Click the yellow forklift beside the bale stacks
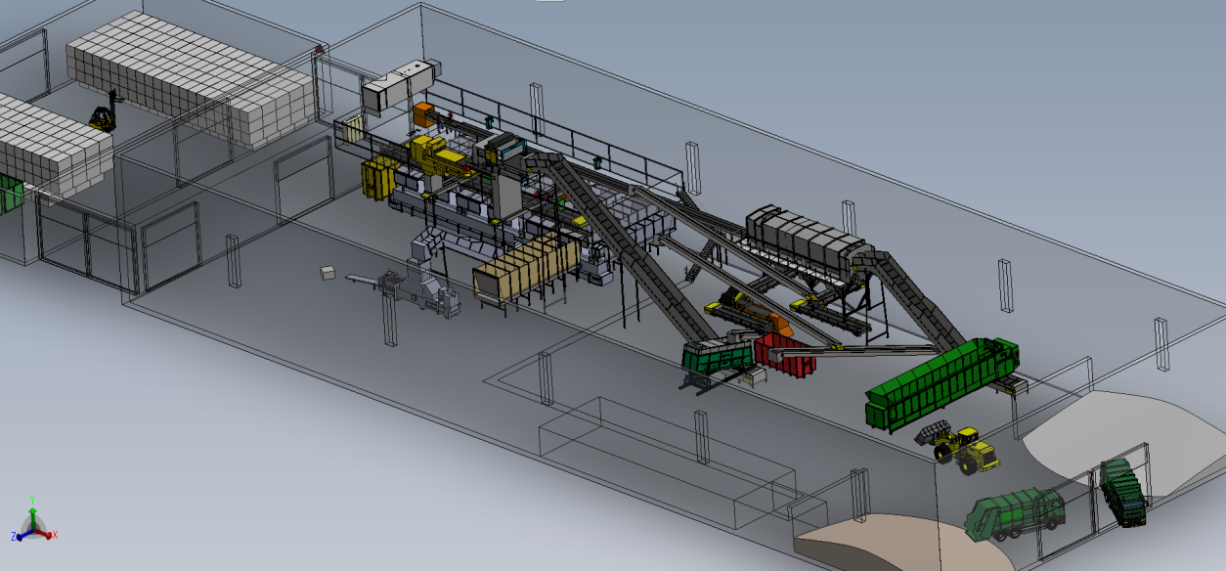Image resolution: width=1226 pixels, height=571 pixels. [103, 117]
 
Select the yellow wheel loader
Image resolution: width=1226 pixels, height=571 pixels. [958, 446]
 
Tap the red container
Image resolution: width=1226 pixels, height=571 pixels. [785, 354]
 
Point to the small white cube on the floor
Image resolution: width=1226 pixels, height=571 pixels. [328, 273]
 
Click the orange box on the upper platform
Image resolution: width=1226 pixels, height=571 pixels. [422, 114]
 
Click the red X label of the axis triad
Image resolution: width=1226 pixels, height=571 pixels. [55, 535]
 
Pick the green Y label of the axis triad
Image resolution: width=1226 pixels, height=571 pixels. [32, 501]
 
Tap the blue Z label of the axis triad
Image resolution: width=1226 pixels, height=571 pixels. [14, 537]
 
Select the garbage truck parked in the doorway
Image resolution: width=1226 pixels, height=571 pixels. [1123, 493]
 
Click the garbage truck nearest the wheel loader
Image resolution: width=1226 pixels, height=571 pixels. [1015, 514]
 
